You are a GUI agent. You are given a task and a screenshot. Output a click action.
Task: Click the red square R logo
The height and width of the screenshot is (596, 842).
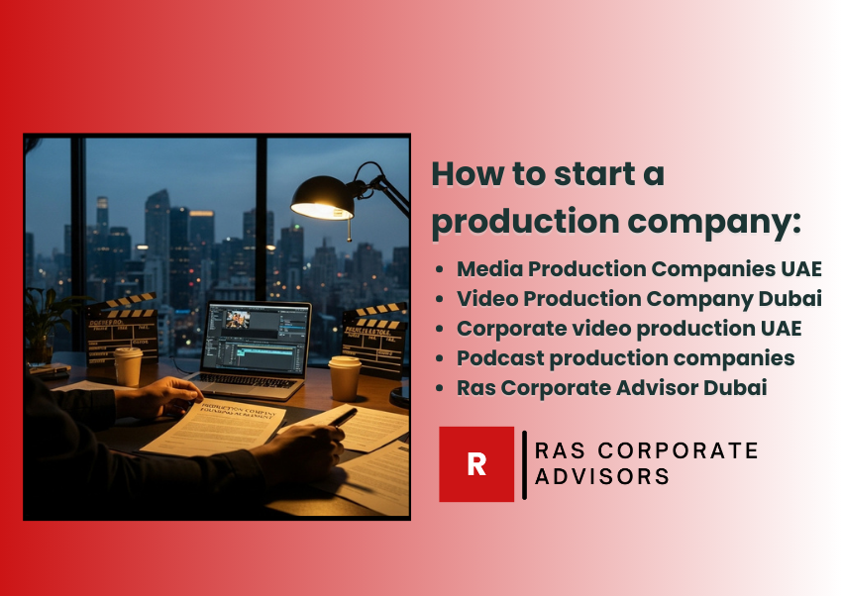click(x=476, y=464)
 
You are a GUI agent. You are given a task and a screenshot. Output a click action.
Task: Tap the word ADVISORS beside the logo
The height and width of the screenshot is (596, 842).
click(x=602, y=477)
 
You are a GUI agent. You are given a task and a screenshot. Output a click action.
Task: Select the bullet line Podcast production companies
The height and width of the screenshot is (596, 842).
click(x=625, y=357)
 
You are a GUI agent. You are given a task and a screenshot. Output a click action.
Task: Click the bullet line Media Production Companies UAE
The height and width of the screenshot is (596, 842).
click(x=639, y=269)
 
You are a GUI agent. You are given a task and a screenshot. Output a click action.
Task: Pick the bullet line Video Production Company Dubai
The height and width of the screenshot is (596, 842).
click(x=639, y=299)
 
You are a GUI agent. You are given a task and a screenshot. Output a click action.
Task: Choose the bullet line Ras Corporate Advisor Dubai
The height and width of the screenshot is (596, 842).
click(x=611, y=387)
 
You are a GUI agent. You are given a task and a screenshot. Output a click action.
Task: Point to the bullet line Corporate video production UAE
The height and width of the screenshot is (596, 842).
click(x=629, y=328)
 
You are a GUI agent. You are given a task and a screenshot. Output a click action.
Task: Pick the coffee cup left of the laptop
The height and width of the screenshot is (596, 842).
click(x=128, y=365)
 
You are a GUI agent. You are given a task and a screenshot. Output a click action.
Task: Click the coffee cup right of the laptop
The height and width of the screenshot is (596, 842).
click(x=344, y=377)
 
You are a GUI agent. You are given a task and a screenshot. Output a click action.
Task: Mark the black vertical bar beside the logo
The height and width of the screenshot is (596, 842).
click(x=524, y=464)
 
